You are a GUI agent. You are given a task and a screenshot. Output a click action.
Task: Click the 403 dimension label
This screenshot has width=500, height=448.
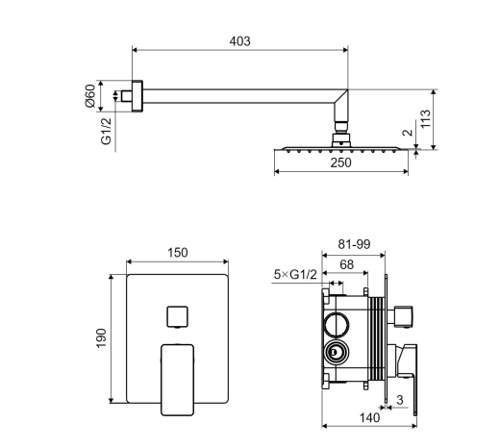(239, 41)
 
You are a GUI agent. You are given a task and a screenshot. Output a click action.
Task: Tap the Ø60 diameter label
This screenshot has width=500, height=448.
(90, 96)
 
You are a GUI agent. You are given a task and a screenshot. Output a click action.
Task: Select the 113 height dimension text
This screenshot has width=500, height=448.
(426, 119)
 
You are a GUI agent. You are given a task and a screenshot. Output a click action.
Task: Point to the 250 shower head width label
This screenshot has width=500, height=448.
(340, 162)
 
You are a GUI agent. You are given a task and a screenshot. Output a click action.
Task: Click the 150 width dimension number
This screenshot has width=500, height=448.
(178, 253)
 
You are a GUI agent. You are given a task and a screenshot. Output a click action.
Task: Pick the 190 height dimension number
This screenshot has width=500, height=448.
(101, 338)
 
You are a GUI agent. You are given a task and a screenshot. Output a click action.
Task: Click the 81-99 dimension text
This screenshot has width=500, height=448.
(354, 244)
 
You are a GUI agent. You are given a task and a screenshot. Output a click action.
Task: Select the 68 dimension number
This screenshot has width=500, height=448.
(346, 264)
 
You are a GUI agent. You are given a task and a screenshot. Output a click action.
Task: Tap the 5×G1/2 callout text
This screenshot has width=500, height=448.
(295, 274)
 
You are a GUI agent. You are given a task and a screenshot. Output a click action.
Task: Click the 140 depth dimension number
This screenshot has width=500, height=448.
(369, 417)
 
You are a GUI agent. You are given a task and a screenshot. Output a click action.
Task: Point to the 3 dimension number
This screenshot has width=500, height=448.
(399, 400)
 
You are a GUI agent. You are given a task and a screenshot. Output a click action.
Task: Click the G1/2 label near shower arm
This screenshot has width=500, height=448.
(106, 131)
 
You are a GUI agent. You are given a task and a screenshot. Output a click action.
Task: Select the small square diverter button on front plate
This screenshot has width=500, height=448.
(177, 316)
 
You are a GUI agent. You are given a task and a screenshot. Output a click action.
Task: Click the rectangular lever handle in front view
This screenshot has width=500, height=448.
(177, 380)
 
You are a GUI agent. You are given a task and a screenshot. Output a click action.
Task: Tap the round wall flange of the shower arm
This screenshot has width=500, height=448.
(137, 96)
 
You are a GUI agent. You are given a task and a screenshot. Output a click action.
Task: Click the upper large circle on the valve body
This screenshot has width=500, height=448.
(337, 324)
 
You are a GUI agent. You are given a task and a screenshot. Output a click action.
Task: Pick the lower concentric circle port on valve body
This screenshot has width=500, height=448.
(336, 353)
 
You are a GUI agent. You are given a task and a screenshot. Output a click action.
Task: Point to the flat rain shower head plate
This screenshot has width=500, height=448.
(341, 148)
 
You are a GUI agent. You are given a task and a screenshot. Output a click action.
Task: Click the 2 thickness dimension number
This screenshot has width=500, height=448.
(408, 132)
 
